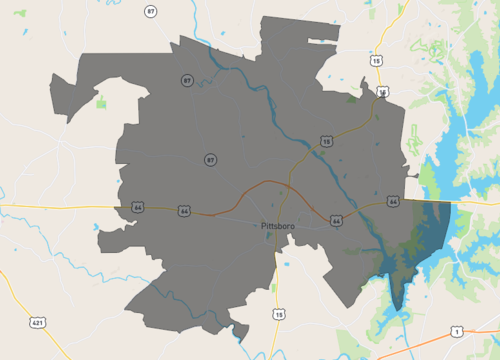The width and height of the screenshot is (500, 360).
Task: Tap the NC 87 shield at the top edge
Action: (x=150, y=12)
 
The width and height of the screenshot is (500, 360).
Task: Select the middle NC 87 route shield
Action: (x=187, y=80)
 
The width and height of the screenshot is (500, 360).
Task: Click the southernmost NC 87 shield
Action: (x=210, y=159)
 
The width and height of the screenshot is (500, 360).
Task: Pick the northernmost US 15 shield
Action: (x=376, y=61)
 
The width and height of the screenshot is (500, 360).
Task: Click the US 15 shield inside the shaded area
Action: (x=326, y=142)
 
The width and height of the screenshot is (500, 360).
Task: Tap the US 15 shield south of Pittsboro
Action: (x=279, y=314)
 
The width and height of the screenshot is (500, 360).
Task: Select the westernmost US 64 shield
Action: (x=137, y=207)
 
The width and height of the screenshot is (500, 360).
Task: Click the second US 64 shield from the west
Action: (x=184, y=211)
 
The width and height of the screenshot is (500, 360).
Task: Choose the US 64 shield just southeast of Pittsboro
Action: (x=336, y=219)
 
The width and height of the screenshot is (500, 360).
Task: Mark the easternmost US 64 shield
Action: (x=394, y=201)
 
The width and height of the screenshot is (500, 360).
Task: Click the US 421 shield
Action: (x=37, y=323)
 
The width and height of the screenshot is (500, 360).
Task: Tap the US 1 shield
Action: (x=456, y=331)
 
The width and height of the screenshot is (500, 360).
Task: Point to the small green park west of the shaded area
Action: (x=101, y=102)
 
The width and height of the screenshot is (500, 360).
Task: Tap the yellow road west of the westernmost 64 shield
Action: (x=60, y=205)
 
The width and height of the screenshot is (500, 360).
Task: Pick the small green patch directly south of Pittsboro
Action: (x=273, y=288)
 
